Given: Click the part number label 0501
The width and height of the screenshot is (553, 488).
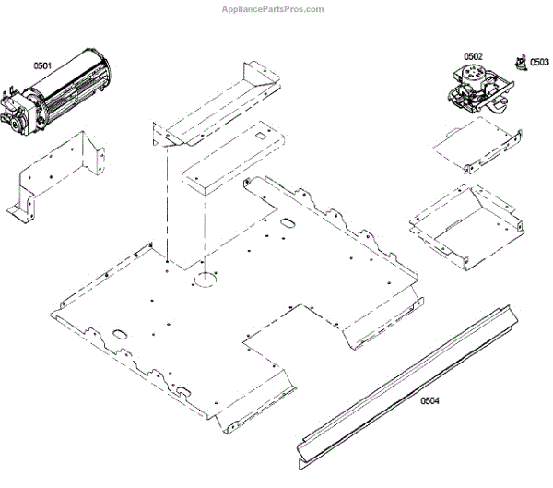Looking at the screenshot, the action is tap(42, 65).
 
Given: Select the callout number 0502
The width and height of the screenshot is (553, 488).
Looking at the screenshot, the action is tap(473, 56).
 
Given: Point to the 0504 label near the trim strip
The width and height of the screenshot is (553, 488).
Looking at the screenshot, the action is tap(429, 401).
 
